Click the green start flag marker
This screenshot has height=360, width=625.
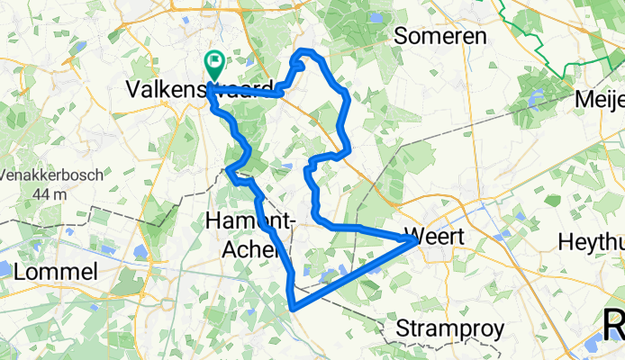pos(215,64)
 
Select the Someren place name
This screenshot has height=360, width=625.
pos(441,37)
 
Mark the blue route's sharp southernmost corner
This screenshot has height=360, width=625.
pos(293,308)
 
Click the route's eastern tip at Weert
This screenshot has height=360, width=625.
pos(413,239)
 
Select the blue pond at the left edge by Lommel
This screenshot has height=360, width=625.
pos(4,268)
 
